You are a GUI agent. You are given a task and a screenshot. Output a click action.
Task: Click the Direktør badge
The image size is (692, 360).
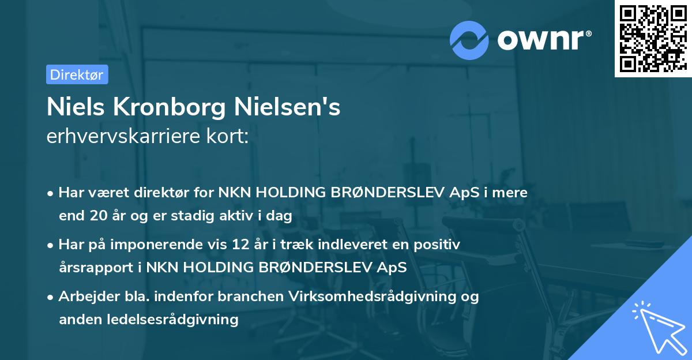pos(77,74)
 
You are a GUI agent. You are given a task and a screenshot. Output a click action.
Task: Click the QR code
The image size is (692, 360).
pos(652,38)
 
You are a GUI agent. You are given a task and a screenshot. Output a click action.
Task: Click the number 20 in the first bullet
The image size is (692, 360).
pos(96,216)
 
